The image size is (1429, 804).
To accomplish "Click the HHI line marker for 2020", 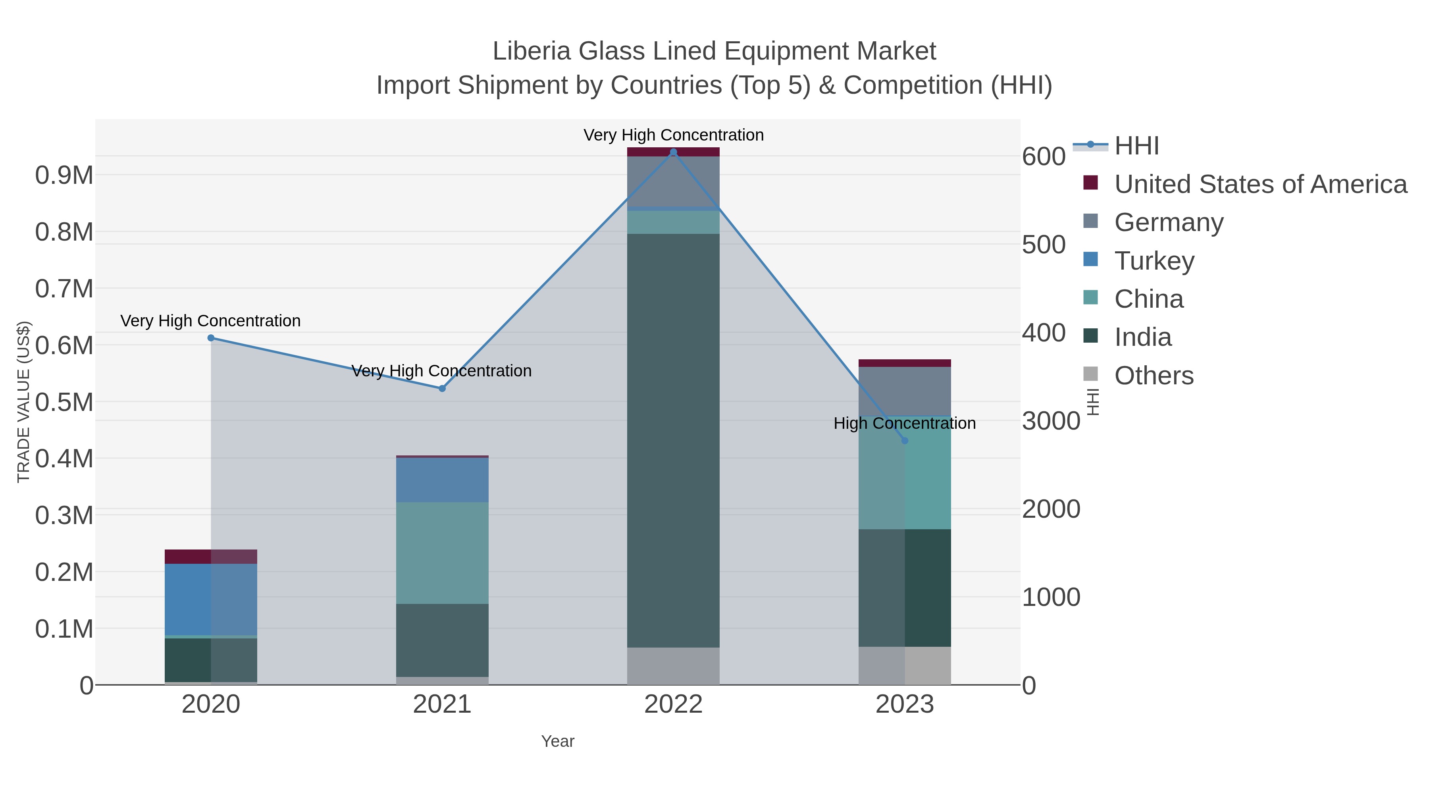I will click(x=211, y=338).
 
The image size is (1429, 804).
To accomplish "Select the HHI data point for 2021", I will click(x=442, y=388).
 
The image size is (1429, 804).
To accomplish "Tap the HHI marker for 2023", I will click(x=905, y=441).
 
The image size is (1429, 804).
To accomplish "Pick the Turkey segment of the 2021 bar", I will click(x=442, y=480).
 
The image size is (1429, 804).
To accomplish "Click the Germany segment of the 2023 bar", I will click(x=905, y=391).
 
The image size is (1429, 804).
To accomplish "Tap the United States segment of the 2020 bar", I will click(x=211, y=557).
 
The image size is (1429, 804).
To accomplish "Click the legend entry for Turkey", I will click(x=1154, y=261).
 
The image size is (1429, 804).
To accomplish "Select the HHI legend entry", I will click(x=1136, y=146).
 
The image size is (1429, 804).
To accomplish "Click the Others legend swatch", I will click(x=1091, y=374).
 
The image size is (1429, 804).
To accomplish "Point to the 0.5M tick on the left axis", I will click(x=64, y=402).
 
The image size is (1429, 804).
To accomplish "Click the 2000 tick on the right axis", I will click(x=1051, y=509).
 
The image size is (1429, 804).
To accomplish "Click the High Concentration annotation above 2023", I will click(x=904, y=423).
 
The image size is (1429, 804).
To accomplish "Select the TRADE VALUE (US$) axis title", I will click(x=24, y=402).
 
